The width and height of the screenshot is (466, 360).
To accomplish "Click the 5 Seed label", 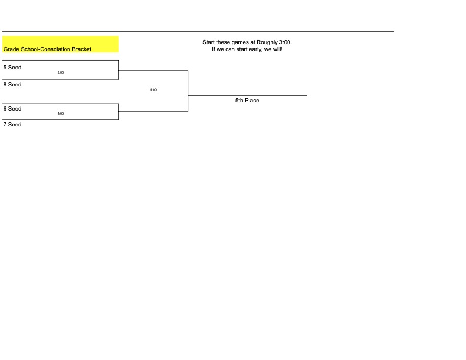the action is pos(12,68).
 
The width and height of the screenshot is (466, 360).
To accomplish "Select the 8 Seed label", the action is pos(12,85).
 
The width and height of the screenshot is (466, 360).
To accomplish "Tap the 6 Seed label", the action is pos(12,109).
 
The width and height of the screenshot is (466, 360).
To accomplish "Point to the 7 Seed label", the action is pos(12,125).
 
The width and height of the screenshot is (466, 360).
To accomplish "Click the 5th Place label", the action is pos(247,101).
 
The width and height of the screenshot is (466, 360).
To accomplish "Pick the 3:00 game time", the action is pos(61,72).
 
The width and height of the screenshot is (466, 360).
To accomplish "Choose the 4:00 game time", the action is pos(61,114).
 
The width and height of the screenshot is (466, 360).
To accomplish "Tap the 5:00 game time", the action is pos(153,89).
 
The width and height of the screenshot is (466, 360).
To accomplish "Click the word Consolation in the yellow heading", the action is pos(55,49).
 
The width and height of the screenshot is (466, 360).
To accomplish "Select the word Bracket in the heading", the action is pos(81,49).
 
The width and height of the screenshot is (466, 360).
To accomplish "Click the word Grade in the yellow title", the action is pos(11,49).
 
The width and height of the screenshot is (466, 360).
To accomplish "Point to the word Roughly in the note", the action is pos(267,42).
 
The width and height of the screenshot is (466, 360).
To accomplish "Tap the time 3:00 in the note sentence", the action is pos(285,42).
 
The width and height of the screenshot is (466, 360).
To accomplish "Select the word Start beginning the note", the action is pos(209,42).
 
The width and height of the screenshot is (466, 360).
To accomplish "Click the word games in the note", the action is pos(241,42).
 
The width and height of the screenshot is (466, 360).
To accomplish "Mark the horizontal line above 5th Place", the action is pos(247,96).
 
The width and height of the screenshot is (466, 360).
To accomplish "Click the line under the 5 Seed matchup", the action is pos(61,79).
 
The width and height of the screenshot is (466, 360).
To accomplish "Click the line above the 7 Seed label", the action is pos(61,119).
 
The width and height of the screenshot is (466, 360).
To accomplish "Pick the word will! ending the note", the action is pos(278,49).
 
